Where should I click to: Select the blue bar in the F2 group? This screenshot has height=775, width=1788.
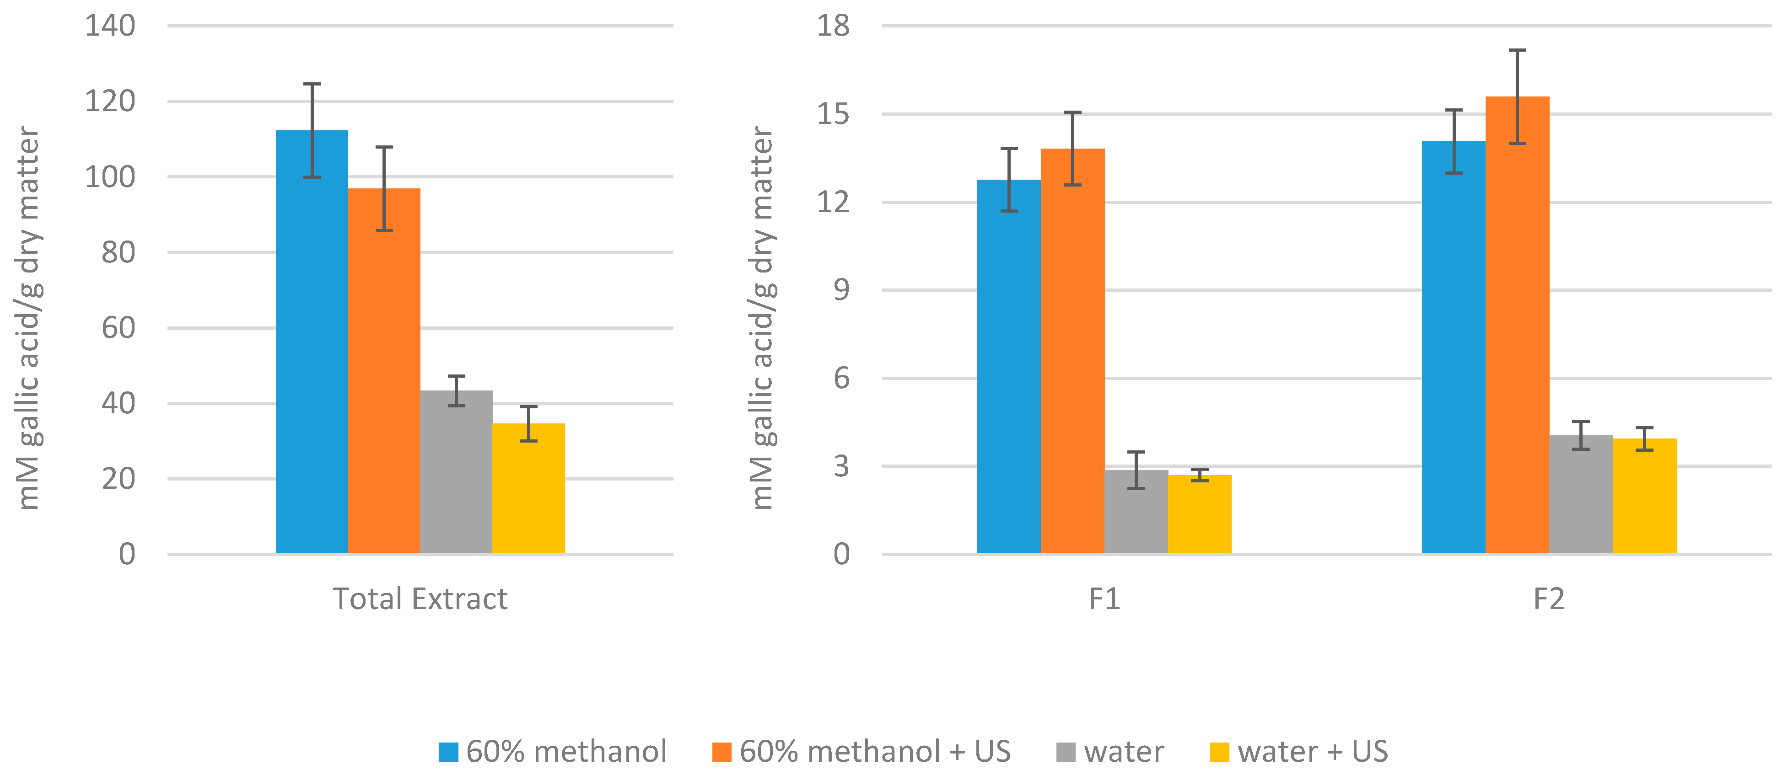click(x=1454, y=347)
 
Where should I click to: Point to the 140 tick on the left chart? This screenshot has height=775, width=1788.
click(x=110, y=27)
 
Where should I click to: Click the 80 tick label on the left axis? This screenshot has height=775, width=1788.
click(x=118, y=252)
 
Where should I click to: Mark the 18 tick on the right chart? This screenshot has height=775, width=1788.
click(x=832, y=27)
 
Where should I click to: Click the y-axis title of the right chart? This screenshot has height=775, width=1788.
click(x=763, y=318)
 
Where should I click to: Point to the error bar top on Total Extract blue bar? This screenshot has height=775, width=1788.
click(x=312, y=85)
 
